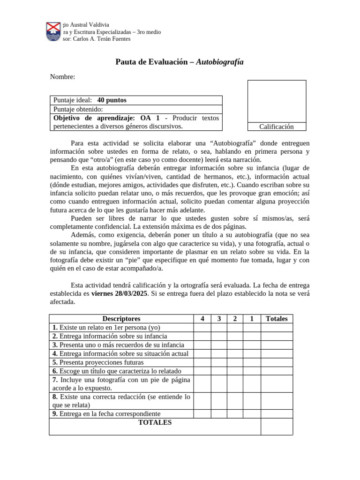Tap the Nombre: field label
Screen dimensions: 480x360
click(62, 77)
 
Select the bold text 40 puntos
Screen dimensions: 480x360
click(112, 100)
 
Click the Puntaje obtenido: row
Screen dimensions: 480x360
click(136, 109)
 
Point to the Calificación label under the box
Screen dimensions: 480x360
click(277, 127)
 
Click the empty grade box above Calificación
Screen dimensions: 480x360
click(277, 101)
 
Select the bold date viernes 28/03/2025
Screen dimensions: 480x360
click(119, 293)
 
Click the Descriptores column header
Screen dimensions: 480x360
click(121, 319)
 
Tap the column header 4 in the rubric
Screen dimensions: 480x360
click(202, 319)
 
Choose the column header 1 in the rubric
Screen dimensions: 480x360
click(252, 319)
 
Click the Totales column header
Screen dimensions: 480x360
click(277, 319)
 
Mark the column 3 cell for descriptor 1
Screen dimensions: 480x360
click(219, 327)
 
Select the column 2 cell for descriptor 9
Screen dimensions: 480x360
click(235, 413)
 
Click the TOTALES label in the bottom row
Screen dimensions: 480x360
click(155, 422)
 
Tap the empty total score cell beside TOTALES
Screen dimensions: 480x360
click(277, 426)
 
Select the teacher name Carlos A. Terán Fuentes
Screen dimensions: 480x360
click(102, 39)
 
